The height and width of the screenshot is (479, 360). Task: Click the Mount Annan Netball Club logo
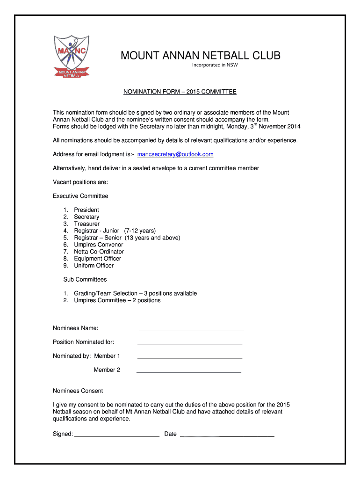tap(72, 56)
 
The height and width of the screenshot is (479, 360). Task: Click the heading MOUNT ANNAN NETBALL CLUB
tap(201, 56)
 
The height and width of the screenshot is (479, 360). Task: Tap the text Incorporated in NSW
tap(215, 65)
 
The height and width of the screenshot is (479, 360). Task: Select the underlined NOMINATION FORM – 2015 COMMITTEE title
tap(180, 92)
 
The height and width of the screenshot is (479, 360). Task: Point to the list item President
tap(86, 210)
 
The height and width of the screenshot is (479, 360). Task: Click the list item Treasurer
tap(86, 224)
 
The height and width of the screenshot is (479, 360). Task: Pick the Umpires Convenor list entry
tap(98, 245)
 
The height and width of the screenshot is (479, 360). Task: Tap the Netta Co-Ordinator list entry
tap(99, 252)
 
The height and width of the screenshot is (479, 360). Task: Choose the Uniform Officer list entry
tap(94, 266)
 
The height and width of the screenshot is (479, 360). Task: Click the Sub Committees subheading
tap(85, 280)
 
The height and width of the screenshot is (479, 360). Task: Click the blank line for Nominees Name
tap(192, 330)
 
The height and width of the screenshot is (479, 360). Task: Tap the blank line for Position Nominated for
tap(190, 344)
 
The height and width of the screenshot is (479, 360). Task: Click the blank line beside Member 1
tap(190, 358)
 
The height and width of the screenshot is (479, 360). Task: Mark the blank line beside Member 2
tap(188, 372)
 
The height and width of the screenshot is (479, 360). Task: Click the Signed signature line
tap(117, 436)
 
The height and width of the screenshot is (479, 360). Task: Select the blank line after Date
tap(227, 436)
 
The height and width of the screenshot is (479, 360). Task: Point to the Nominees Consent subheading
tap(78, 391)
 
